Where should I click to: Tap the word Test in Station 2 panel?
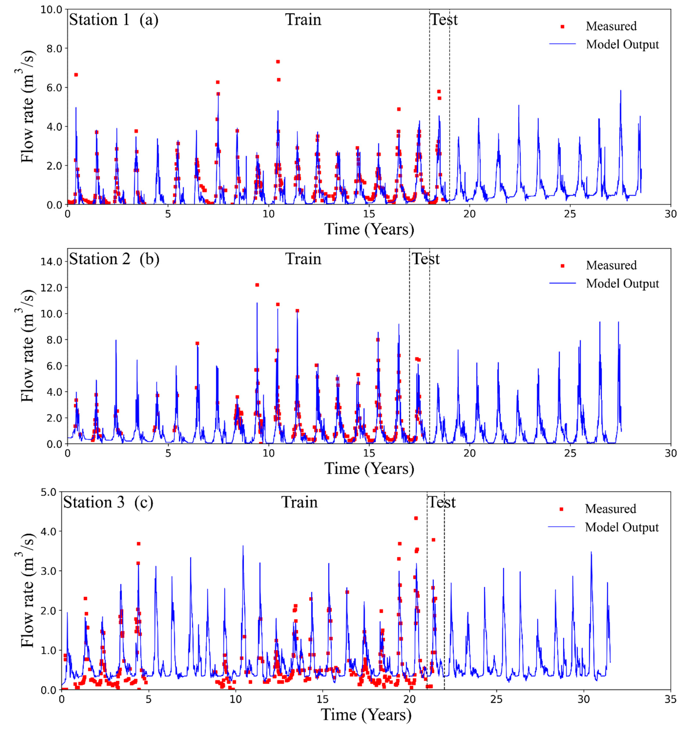[426, 259]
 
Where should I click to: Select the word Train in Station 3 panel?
[299, 502]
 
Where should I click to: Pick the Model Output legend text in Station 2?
[622, 284]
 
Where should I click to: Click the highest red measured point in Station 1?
[278, 61]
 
